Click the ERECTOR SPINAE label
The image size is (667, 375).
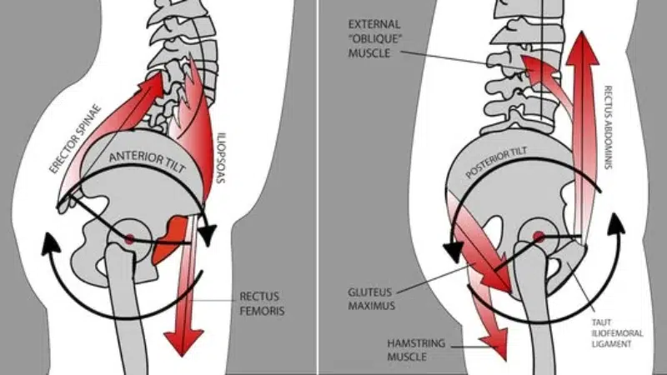(x=75, y=139)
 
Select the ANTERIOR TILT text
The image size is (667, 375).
(x=148, y=162)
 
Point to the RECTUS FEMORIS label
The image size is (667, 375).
(x=262, y=303)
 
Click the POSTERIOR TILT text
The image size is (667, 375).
(x=497, y=162)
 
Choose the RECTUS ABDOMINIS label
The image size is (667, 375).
(x=609, y=127)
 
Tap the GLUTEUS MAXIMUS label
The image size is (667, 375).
(x=371, y=299)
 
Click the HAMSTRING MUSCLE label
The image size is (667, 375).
(x=410, y=349)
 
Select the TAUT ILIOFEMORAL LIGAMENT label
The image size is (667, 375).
(x=617, y=333)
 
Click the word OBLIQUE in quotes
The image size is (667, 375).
(x=375, y=38)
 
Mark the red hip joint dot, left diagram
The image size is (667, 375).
(x=129, y=238)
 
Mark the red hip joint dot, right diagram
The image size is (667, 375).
(x=539, y=237)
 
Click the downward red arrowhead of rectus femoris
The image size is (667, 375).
(x=183, y=342)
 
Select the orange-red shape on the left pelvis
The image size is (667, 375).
(x=169, y=241)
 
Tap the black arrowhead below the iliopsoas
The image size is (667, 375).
(x=208, y=236)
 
